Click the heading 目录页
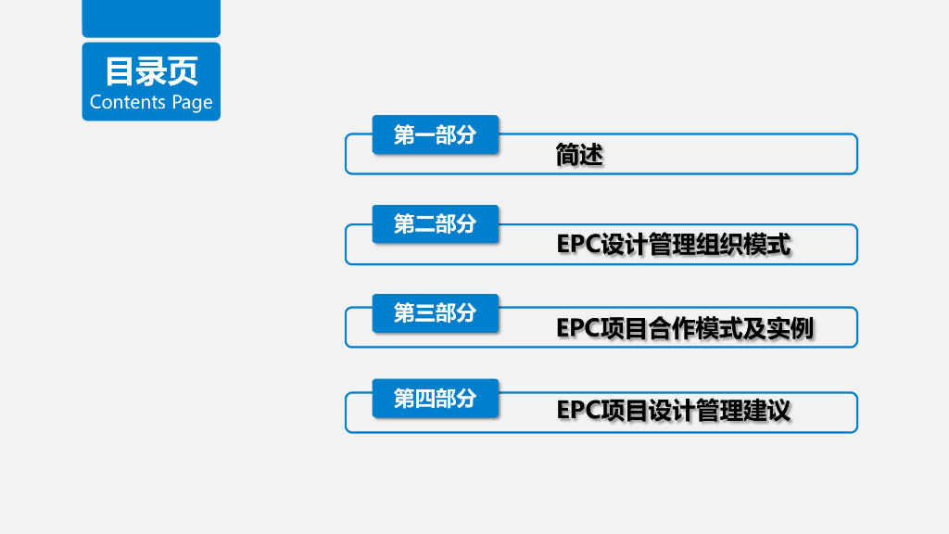[151, 71]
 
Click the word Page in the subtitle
[192, 103]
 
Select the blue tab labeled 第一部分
[436, 134]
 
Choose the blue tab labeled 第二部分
[436, 223]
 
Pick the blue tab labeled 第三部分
[436, 313]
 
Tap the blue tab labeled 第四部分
[436, 399]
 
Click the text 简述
[579, 155]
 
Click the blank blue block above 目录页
[151, 18]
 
